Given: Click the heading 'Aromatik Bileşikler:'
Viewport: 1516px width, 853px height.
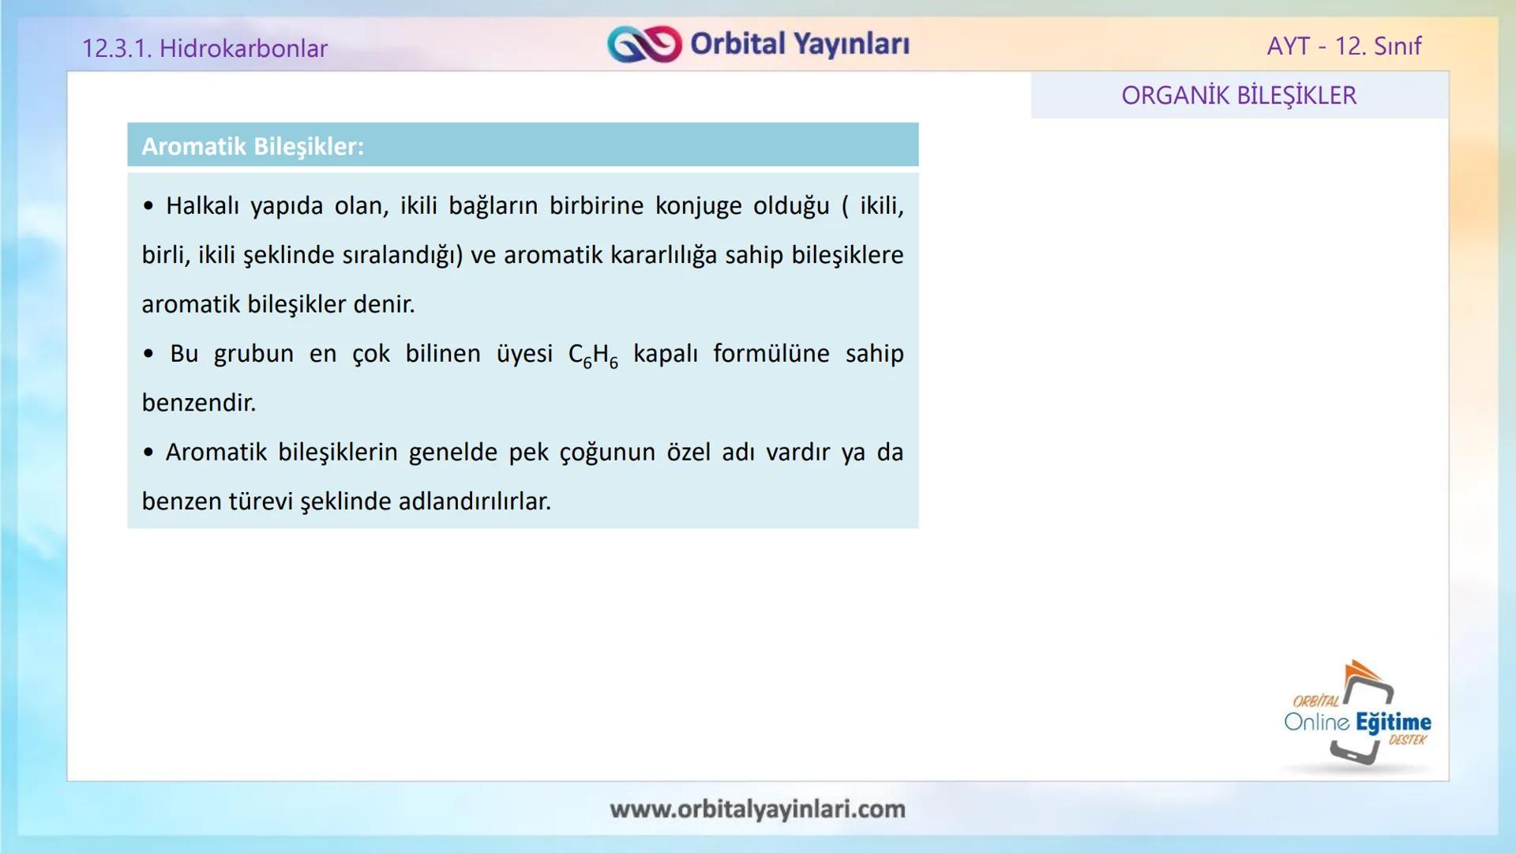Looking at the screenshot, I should (x=253, y=146).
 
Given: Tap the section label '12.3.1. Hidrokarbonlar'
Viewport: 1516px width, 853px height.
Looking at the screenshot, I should (x=205, y=48).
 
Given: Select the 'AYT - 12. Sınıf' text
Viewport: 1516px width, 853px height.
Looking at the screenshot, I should (x=1344, y=46).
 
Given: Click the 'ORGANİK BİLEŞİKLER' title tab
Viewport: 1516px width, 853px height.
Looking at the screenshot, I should (x=1239, y=96).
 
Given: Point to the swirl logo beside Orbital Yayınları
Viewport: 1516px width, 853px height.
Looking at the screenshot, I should (x=644, y=44).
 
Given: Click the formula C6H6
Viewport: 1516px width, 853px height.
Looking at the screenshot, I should (x=593, y=355).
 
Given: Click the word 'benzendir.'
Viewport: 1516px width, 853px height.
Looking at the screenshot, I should (x=199, y=403).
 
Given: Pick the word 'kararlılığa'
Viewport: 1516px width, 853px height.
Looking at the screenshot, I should (x=663, y=255).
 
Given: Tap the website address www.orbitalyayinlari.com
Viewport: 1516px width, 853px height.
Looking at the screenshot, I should (x=757, y=809).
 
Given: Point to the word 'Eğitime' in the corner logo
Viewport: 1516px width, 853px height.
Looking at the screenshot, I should (x=1394, y=722).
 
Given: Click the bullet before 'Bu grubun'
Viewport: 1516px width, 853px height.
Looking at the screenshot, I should (x=148, y=354).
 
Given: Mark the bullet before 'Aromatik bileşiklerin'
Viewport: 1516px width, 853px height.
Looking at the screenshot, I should (x=148, y=453).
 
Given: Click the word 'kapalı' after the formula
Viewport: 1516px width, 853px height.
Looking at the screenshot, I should (x=666, y=353).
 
